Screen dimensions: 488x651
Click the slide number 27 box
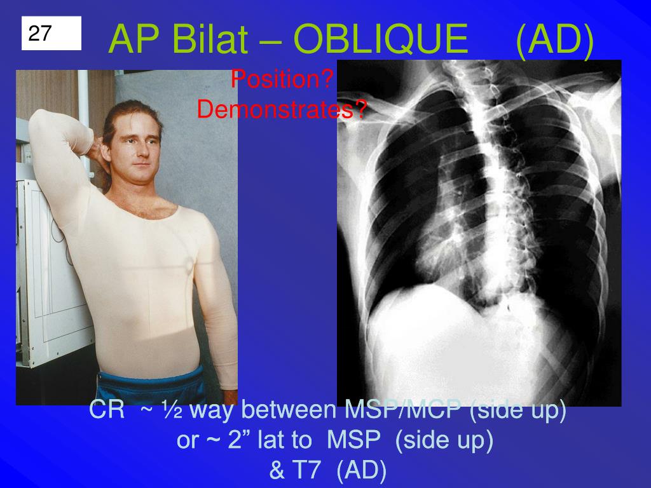tap(51, 34)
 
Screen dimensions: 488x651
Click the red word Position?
tap(282, 80)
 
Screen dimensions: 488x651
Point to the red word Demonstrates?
tap(282, 109)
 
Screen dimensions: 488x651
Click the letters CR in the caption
tap(107, 410)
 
